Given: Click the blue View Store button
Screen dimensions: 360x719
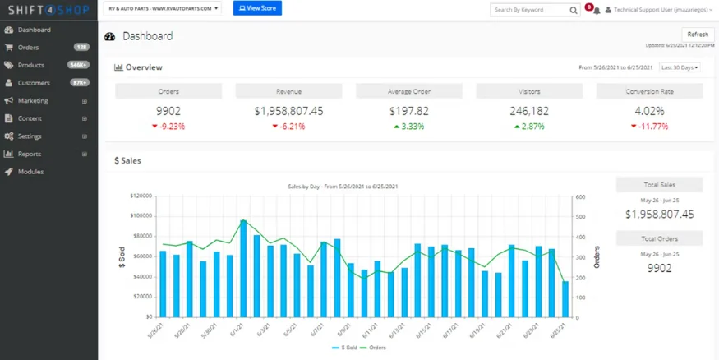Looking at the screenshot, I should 256,8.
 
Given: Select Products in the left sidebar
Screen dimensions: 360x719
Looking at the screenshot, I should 30,65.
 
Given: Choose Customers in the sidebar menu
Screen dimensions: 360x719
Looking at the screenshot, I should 33,83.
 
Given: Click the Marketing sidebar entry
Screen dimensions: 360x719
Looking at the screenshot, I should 33,101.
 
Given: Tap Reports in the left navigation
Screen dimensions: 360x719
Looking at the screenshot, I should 30,154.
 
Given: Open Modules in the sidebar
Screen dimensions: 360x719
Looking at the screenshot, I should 30,172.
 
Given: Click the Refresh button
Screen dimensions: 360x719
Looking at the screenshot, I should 697,35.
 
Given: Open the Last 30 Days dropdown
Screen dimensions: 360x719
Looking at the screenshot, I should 680,67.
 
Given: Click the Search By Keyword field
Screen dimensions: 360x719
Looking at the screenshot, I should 530,10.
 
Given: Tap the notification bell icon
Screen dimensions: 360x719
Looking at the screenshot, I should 596,11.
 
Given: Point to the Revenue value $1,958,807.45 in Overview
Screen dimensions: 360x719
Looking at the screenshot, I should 288,111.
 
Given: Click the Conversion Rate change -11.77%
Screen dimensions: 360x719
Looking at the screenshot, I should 649,127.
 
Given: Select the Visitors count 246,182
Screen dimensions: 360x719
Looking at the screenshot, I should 529,111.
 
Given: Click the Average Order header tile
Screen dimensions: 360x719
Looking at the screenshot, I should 408,91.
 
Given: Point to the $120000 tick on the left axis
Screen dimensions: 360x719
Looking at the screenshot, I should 141,196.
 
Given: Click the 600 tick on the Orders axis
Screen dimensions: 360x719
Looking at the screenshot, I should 579,196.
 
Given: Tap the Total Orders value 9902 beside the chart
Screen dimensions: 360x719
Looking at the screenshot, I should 659,268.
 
